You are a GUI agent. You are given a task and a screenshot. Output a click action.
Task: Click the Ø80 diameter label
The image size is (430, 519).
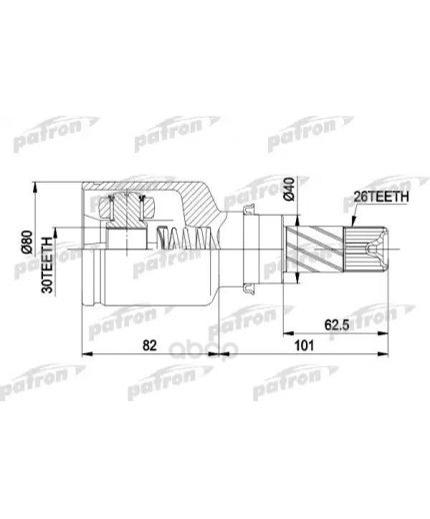point(27,242)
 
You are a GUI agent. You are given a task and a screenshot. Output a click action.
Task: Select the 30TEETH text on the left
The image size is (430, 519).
point(47,264)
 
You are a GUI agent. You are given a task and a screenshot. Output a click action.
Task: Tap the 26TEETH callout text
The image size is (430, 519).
point(381,197)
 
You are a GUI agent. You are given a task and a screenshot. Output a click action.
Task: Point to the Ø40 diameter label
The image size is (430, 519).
point(289,189)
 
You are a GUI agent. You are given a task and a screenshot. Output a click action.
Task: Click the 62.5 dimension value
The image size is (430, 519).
point(337,324)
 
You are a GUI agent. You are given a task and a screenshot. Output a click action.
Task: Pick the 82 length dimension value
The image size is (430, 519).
point(149,346)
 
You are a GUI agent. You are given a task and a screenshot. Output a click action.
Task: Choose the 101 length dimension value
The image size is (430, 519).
point(304,346)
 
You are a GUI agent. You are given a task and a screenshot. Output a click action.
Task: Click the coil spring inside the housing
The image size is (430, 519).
point(187,238)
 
